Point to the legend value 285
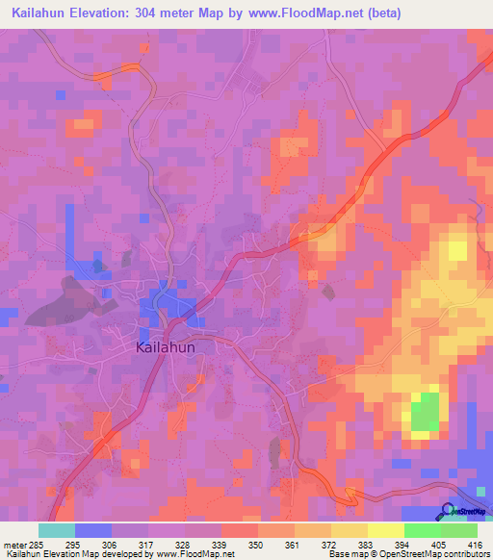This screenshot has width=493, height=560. pos(33,544)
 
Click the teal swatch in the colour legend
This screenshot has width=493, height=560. pos(56,530)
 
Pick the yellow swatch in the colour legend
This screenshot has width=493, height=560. pos(385,530)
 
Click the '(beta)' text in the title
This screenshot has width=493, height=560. pos(378,13)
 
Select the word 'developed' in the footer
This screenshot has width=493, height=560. pos(129,554)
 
